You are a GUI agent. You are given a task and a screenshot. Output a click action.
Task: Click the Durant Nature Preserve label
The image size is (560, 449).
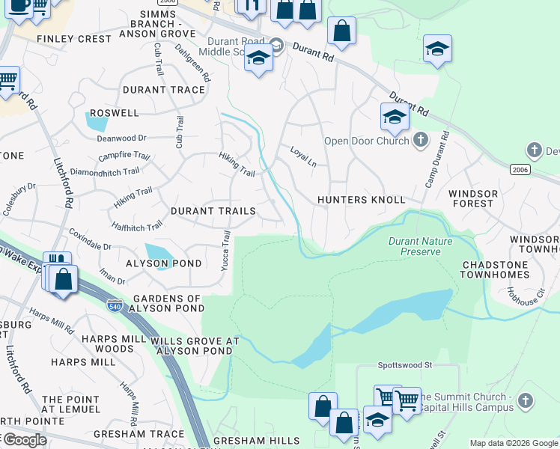[415, 246]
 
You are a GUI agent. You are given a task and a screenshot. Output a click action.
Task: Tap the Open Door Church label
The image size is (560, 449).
[366, 141]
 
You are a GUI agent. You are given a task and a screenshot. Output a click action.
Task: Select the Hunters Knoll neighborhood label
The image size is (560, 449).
[361, 200]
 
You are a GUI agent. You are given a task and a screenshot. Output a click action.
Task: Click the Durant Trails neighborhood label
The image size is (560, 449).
[213, 212]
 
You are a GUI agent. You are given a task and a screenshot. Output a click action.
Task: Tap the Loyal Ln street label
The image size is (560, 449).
[302, 156]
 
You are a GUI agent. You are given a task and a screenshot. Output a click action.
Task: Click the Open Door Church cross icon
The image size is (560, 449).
[421, 140]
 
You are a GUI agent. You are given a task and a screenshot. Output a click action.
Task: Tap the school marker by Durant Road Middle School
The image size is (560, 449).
[258, 58]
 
